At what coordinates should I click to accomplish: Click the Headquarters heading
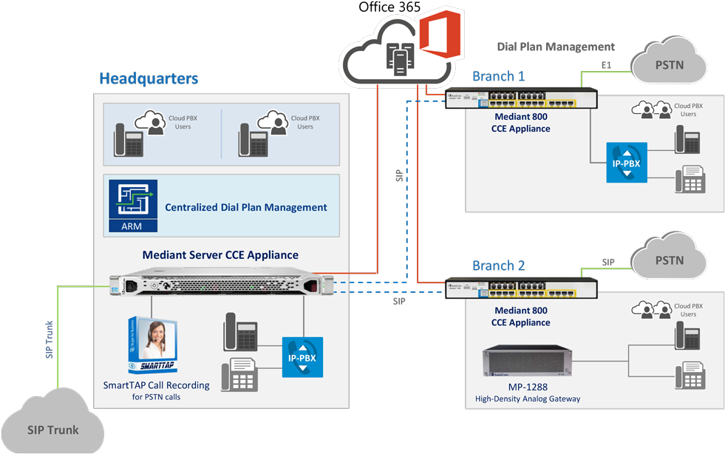pyautogui.click(x=149, y=78)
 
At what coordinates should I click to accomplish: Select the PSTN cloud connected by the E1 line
pyautogui.click(x=669, y=64)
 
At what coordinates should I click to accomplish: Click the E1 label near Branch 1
pyautogui.click(x=606, y=66)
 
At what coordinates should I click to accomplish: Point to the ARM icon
pyautogui.click(x=133, y=206)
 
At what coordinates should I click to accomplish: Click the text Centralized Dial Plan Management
pyautogui.click(x=245, y=208)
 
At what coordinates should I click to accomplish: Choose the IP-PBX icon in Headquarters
pyautogui.click(x=302, y=357)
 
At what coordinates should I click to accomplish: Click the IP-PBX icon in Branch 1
pyautogui.click(x=626, y=163)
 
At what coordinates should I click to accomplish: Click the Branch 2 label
pyautogui.click(x=498, y=266)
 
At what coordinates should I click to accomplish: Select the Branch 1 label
pyautogui.click(x=498, y=76)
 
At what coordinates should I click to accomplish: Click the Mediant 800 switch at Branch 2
pyautogui.click(x=521, y=288)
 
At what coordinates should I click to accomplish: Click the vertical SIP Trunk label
pyautogui.click(x=50, y=339)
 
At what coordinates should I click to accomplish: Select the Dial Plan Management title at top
pyautogui.click(x=556, y=47)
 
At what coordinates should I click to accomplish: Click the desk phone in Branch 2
pyautogui.click(x=688, y=335)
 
